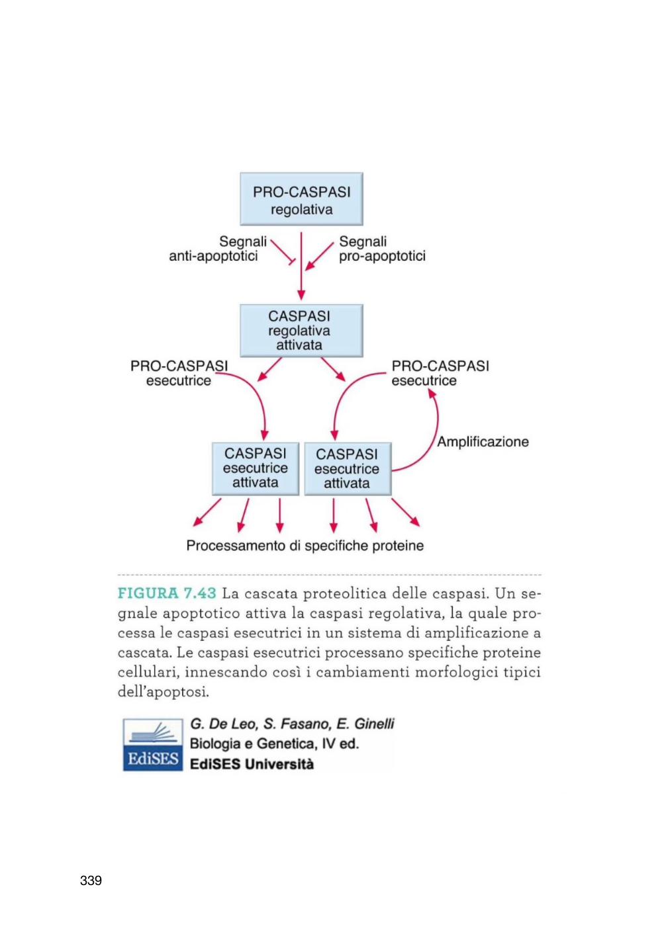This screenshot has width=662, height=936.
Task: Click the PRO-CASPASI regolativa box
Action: [x=301, y=199]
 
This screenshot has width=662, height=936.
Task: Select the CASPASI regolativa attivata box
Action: [x=301, y=331]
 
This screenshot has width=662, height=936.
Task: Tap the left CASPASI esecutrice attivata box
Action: [x=256, y=469]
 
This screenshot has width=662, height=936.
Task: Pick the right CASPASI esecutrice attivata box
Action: [x=348, y=469]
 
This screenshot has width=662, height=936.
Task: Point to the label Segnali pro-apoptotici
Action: [x=382, y=249]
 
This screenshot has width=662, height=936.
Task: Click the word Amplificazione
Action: [x=483, y=442]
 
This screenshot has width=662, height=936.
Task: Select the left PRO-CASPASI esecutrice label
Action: [x=179, y=373]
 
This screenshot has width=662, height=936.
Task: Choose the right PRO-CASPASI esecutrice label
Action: [x=440, y=373]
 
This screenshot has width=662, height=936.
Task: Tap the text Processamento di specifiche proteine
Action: [x=305, y=546]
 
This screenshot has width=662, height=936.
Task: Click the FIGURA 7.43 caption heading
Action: [x=167, y=593]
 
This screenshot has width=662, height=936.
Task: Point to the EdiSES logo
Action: [x=153, y=745]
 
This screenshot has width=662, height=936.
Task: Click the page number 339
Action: [x=91, y=880]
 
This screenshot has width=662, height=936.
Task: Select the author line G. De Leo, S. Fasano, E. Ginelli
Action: [x=292, y=724]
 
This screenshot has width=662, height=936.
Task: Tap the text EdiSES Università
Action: [x=252, y=764]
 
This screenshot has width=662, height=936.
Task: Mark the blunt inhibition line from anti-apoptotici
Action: [x=283, y=252]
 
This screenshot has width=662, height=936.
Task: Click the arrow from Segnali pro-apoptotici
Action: [x=320, y=256]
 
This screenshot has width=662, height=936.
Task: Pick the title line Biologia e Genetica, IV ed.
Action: [x=274, y=744]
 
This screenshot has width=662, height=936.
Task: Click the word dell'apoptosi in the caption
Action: [x=163, y=693]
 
